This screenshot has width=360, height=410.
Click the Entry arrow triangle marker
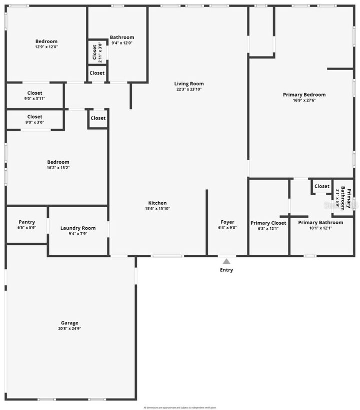[226, 261]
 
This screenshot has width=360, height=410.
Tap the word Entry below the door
[226, 270]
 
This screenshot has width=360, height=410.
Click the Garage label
[69, 323]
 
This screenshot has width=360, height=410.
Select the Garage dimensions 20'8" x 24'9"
[69, 329]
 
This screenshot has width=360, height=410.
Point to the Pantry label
[26, 222]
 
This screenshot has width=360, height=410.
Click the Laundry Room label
[77, 228]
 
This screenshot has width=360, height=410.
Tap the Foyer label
[227, 222]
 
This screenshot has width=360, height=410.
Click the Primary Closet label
[268, 223]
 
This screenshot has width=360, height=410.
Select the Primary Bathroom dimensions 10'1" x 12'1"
[320, 228]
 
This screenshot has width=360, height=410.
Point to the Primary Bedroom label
[304, 95]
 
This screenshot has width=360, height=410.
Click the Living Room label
[189, 84]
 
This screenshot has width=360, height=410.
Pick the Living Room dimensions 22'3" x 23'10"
[189, 90]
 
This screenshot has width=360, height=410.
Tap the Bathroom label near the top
[122, 37]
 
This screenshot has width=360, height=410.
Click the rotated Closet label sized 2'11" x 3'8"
[94, 52]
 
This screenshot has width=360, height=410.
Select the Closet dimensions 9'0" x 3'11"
[34, 99]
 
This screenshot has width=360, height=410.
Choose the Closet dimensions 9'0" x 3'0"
[34, 122]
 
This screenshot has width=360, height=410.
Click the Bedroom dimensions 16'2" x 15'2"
[58, 168]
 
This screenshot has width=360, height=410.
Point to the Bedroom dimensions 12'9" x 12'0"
[46, 47]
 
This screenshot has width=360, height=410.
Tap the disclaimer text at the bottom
[180, 407]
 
